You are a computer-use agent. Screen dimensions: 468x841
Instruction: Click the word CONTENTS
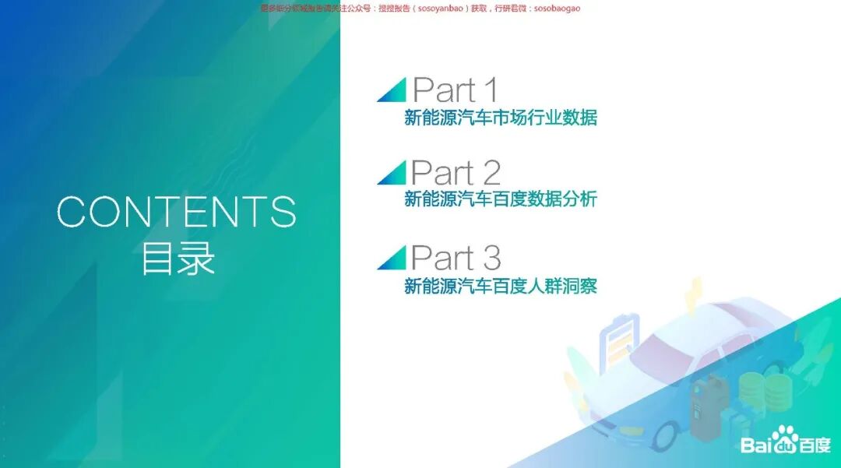point(177,212)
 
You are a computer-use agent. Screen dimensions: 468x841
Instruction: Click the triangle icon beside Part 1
point(392,90)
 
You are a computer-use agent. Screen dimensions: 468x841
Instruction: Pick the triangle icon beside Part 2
point(392,173)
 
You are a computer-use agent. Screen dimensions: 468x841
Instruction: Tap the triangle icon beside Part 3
point(392,258)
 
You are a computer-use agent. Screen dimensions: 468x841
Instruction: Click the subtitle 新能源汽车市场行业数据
point(501,118)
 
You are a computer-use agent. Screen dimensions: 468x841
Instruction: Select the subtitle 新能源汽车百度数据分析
point(501,199)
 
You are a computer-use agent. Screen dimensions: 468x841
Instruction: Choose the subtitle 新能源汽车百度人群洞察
point(501,286)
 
